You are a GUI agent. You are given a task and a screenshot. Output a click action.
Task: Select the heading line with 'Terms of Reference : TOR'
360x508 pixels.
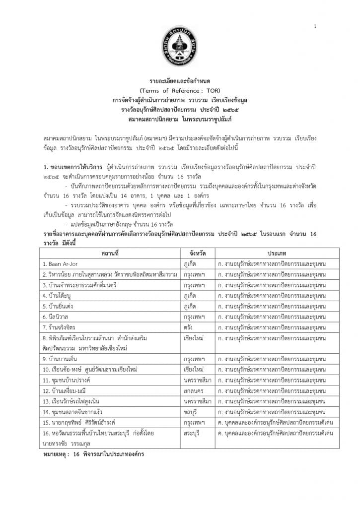tap(180, 90)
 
